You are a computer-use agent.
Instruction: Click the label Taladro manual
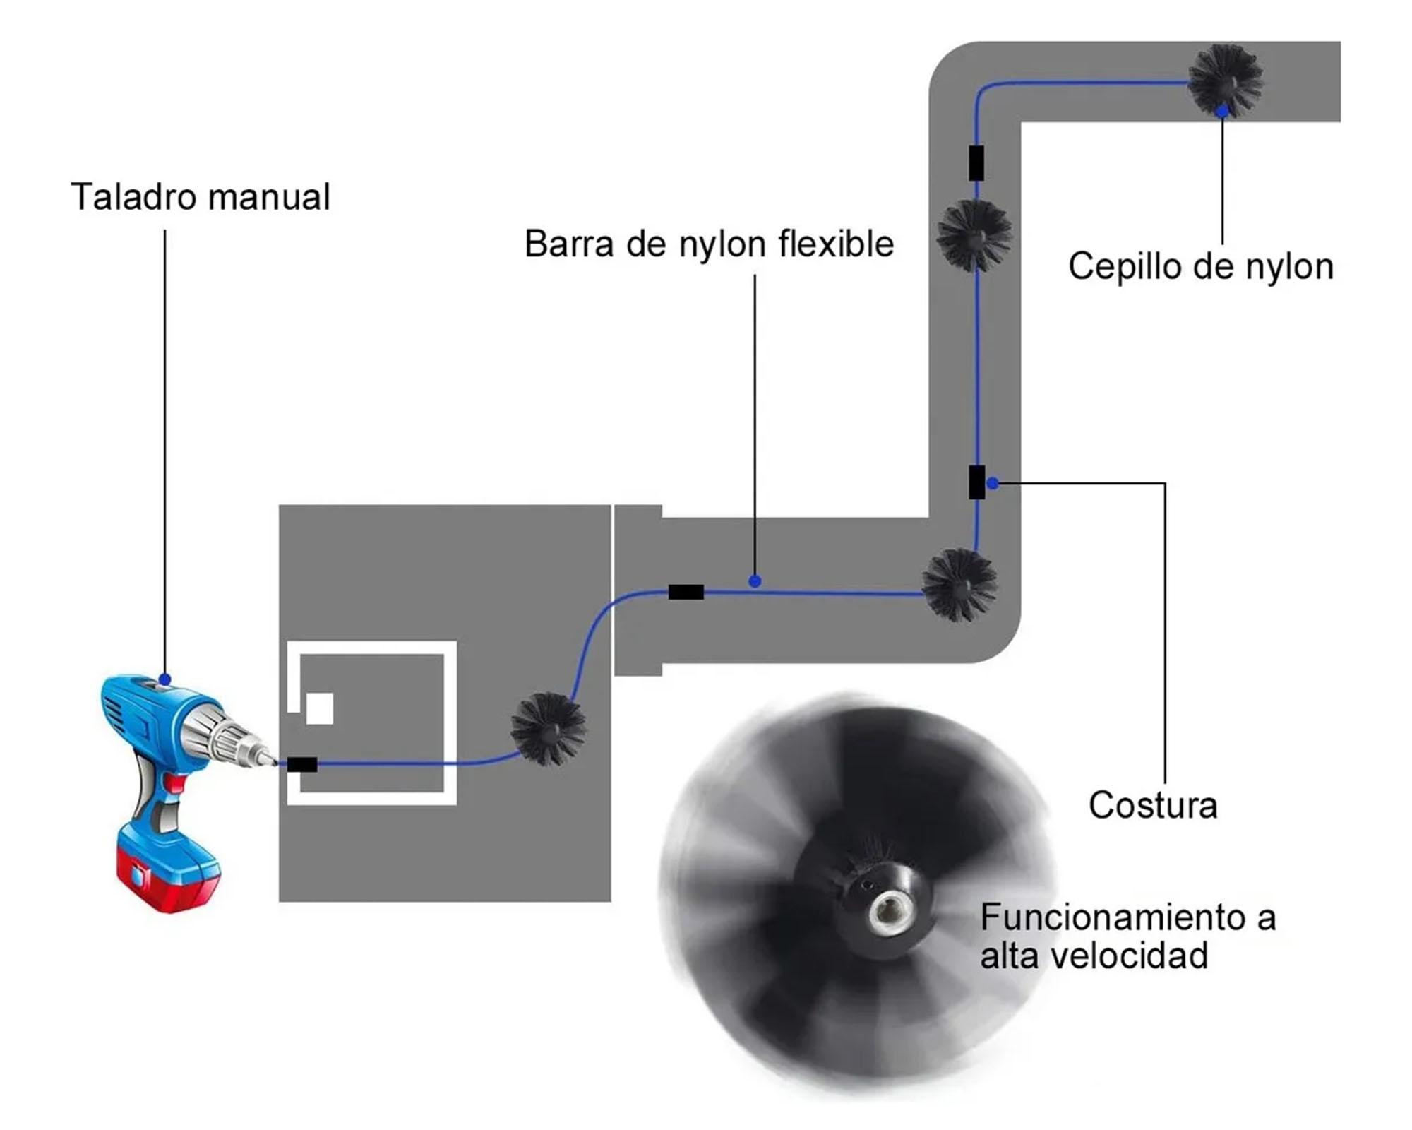tap(200, 196)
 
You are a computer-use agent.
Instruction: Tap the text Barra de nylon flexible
tap(708, 244)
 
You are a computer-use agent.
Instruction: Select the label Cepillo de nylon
tap(1200, 267)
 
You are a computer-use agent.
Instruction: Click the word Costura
tap(1153, 805)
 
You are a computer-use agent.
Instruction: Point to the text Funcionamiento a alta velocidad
tap(1127, 936)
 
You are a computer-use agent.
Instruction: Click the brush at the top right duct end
tap(1225, 79)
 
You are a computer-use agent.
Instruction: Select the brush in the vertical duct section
tap(974, 235)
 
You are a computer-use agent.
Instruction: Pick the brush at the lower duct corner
tap(959, 585)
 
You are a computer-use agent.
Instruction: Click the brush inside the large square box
tap(549, 729)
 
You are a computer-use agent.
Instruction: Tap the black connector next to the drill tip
tap(302, 764)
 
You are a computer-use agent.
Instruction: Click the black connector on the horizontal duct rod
tap(686, 592)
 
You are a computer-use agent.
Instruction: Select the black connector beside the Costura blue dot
tap(976, 482)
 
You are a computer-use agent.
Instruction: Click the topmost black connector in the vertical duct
tap(976, 162)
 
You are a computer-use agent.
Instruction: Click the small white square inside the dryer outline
tap(319, 708)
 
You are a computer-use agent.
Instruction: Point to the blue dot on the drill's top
tap(165, 679)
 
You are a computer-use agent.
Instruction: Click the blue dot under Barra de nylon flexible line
tap(755, 581)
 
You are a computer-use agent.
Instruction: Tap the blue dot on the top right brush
tap(1222, 111)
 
